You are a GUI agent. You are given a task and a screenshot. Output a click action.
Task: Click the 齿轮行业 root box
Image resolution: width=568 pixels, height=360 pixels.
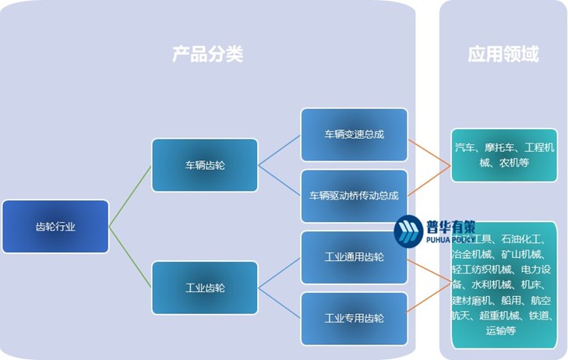[x=55, y=227]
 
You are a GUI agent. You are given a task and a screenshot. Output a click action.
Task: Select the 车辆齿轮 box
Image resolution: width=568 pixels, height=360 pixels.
[x=204, y=165]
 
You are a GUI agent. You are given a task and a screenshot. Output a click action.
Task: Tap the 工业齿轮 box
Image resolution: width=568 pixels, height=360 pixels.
[x=204, y=288]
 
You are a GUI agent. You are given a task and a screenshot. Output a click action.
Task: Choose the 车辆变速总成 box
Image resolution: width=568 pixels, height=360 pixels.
[x=354, y=134]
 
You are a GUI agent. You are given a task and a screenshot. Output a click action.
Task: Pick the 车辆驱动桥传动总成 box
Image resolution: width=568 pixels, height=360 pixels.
[x=354, y=196]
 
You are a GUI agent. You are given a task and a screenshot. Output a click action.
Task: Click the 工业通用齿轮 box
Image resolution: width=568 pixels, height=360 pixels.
[x=354, y=256]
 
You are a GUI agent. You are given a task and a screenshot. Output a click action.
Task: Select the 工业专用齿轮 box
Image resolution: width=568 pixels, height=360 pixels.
[x=354, y=318]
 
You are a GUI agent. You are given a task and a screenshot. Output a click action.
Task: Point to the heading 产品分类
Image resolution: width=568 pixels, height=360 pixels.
[x=207, y=54]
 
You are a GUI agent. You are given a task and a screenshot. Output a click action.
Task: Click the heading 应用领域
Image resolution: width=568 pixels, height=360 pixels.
[x=503, y=54]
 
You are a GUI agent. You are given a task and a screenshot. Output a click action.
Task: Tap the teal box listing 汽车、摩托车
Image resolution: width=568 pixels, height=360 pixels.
[x=504, y=155]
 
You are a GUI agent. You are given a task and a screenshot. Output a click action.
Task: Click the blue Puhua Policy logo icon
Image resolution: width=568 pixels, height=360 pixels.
[x=407, y=231]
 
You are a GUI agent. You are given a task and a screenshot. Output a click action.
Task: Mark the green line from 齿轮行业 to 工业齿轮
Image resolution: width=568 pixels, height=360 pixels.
[x=130, y=257]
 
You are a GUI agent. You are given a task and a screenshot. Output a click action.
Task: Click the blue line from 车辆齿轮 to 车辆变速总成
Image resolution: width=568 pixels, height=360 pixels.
[x=279, y=150]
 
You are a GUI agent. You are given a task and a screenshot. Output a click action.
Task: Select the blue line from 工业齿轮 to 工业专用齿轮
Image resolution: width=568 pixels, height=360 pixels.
[x=279, y=303]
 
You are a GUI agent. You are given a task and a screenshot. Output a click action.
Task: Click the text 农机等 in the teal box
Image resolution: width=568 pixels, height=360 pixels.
[x=514, y=163]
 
